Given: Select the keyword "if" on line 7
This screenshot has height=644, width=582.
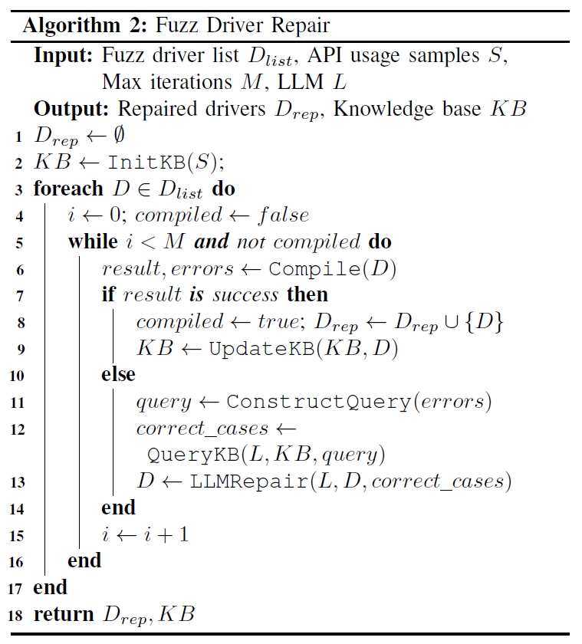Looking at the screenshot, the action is [x=109, y=294].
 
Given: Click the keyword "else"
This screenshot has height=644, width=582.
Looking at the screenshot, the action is [x=117, y=374].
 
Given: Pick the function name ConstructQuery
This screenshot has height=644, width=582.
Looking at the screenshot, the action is [x=315, y=401].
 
